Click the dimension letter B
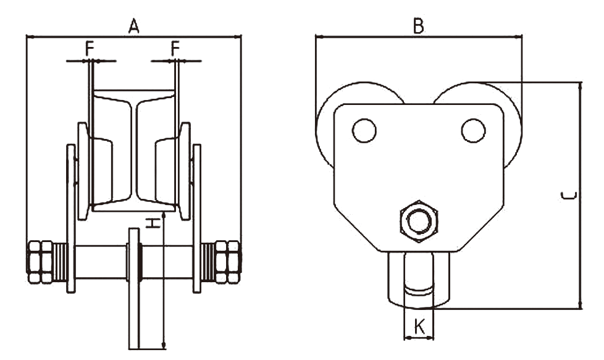419,25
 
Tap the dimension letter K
419,326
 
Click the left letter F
90,48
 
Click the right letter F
176,48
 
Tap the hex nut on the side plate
419,220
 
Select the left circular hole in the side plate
364,130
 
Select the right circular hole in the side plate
473,130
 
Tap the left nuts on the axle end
40,262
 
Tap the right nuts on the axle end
228,262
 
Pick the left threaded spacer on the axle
60,262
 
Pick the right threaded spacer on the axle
208,262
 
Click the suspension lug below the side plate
419,281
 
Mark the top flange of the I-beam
134,97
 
